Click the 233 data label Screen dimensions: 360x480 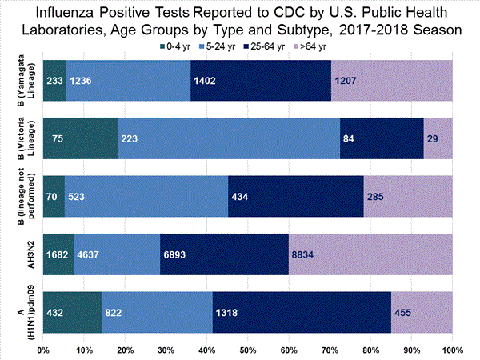54,81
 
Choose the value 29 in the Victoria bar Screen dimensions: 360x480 433,138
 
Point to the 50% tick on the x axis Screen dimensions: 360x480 247,350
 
